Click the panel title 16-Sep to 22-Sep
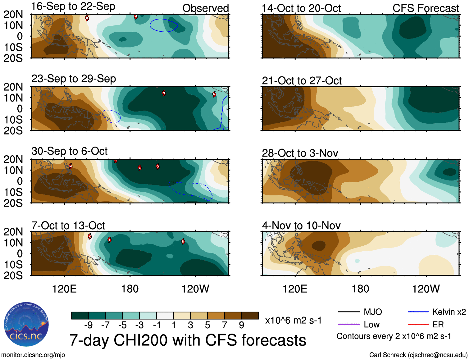(x=73, y=6)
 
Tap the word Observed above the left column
(x=205, y=8)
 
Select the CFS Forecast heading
(x=426, y=8)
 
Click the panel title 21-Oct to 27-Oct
(x=302, y=81)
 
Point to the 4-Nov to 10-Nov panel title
(x=301, y=226)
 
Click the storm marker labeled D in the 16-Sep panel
(x=87, y=18)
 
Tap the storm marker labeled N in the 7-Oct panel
(x=183, y=241)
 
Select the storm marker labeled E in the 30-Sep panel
(x=139, y=168)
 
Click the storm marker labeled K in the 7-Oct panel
(x=90, y=236)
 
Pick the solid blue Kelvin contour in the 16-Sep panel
(x=150, y=25)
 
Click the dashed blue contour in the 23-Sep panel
(x=120, y=116)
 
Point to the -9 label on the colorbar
(x=88, y=325)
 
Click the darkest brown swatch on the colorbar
(x=250, y=316)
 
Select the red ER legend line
(x=418, y=324)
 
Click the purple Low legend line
(x=348, y=324)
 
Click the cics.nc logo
(x=26, y=325)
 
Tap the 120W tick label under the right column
(x=426, y=289)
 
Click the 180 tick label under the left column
(x=130, y=289)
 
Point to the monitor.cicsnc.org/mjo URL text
(x=33, y=355)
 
